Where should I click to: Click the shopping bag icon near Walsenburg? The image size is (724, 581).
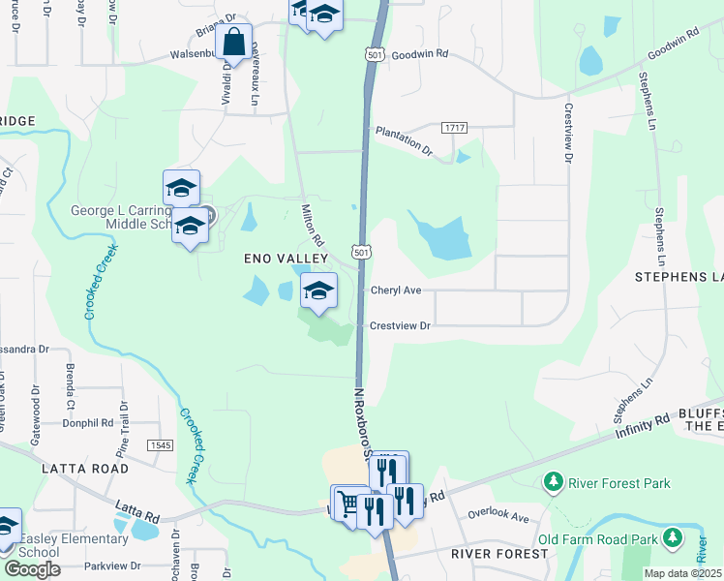pyautogui.click(x=234, y=43)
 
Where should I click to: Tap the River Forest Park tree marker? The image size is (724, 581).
pyautogui.click(x=553, y=481)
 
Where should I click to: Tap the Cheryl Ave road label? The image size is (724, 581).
pyautogui.click(x=396, y=290)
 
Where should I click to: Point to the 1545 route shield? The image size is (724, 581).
pyautogui.click(x=160, y=444)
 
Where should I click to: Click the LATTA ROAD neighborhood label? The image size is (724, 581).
pyautogui.click(x=85, y=469)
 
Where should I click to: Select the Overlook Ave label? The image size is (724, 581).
pyautogui.click(x=498, y=515)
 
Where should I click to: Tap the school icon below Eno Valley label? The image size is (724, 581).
pyautogui.click(x=319, y=290)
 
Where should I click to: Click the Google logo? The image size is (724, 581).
pyautogui.click(x=33, y=568)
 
